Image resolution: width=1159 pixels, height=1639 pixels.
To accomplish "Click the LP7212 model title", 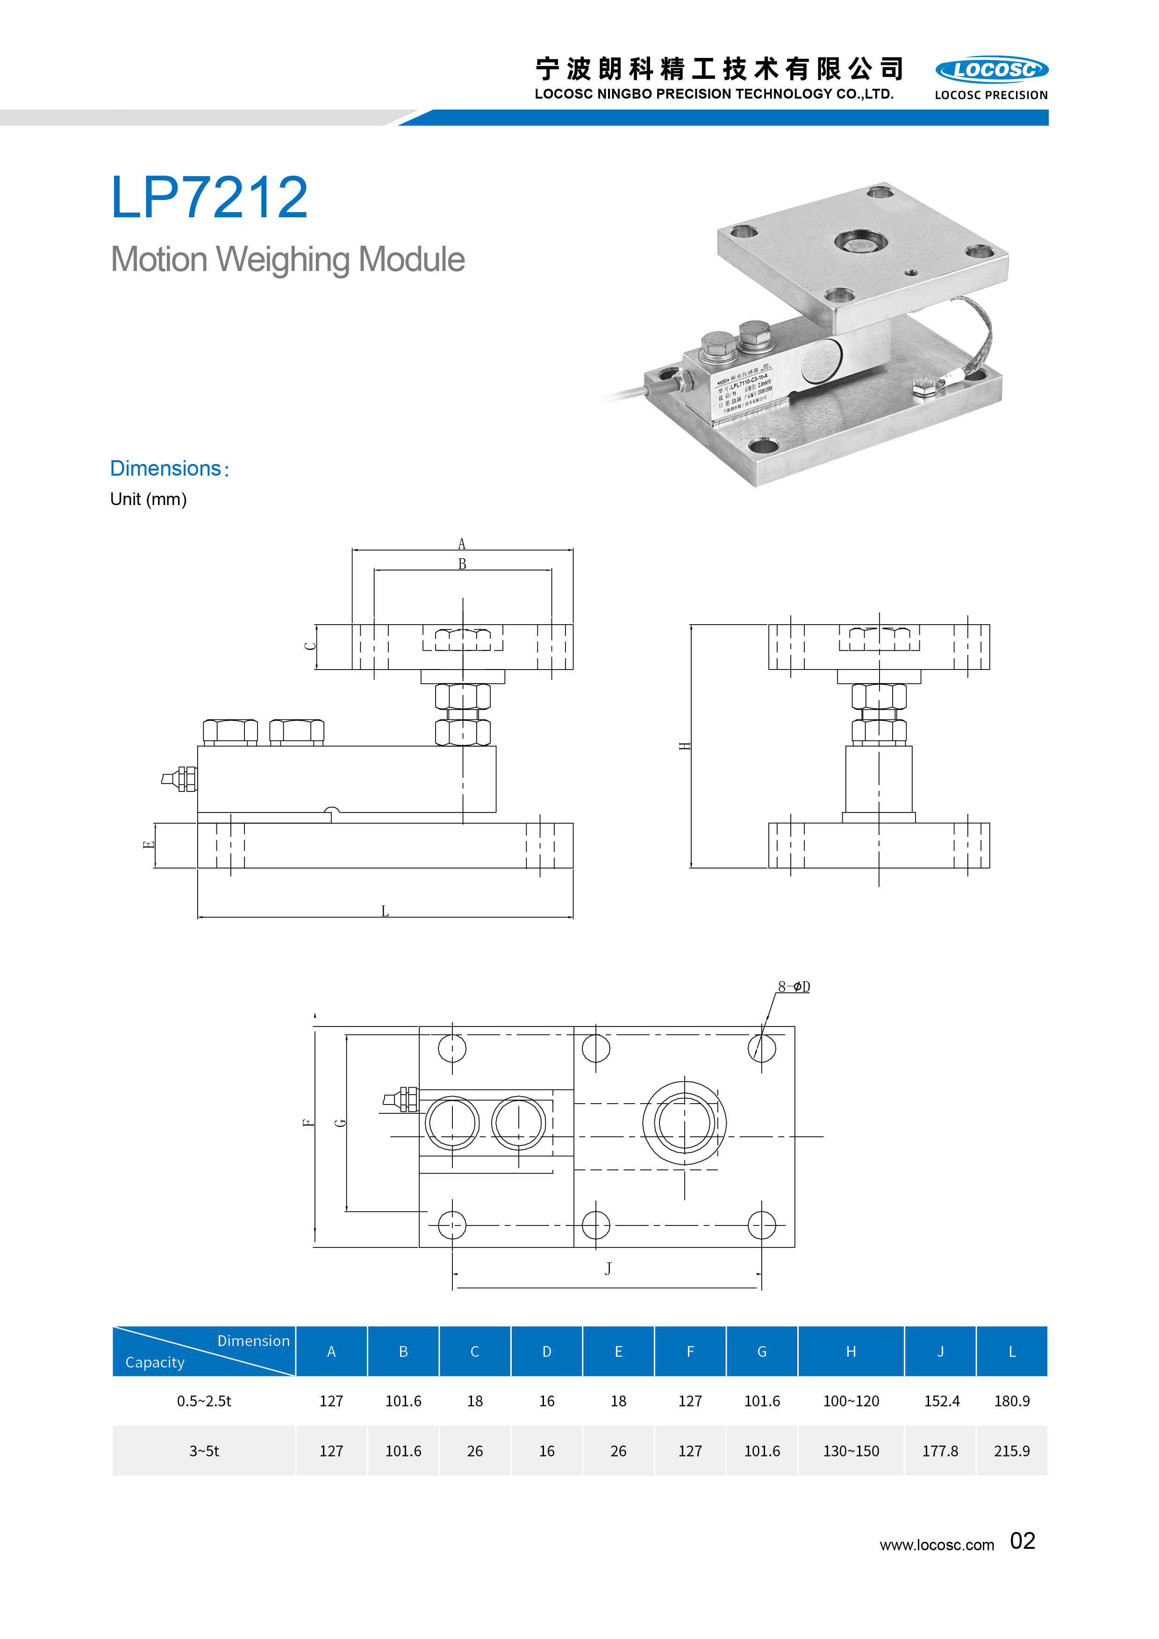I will pos(209,198).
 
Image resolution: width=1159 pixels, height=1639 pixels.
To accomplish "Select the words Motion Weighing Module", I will pos(288,260).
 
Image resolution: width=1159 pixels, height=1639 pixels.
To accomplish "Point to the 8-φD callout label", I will pos(794,987).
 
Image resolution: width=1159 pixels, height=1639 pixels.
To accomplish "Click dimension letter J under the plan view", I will pos(608,1268).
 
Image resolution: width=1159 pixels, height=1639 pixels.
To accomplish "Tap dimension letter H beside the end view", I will pos(685,746).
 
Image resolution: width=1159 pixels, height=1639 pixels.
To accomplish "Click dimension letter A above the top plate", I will pos(461,544).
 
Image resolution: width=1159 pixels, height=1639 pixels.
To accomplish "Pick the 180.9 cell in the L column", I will pos(1011,1401).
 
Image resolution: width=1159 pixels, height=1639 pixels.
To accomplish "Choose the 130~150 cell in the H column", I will pos(851,1451).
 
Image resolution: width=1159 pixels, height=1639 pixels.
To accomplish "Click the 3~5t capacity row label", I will pos(204,1451).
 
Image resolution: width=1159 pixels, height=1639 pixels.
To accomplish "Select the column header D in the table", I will pos(546,1351).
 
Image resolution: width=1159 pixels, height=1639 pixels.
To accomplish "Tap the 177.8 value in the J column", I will pos(940,1451).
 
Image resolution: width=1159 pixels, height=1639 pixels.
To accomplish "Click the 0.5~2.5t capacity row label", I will pos(204,1401).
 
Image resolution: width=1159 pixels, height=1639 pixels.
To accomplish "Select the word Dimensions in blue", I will pos(166,468).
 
